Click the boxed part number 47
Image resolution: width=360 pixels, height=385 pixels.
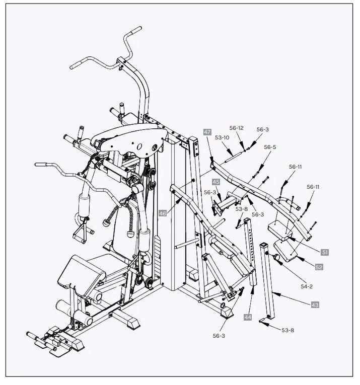(207, 132)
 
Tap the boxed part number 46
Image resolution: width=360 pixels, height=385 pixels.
(163, 213)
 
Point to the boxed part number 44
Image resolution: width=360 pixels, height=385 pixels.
(248, 317)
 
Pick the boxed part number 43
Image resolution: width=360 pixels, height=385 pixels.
(315, 305)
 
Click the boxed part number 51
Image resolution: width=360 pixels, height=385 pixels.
(325, 252)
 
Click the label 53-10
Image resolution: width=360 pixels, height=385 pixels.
(222, 137)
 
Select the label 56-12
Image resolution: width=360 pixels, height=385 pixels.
(237, 128)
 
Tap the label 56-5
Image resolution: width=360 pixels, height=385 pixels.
(270, 147)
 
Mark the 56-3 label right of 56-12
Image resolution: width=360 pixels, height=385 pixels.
(262, 129)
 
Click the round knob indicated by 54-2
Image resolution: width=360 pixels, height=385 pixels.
(276, 258)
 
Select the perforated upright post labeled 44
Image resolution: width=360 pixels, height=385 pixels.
(250, 252)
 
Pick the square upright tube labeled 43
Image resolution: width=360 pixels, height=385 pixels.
(267, 282)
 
